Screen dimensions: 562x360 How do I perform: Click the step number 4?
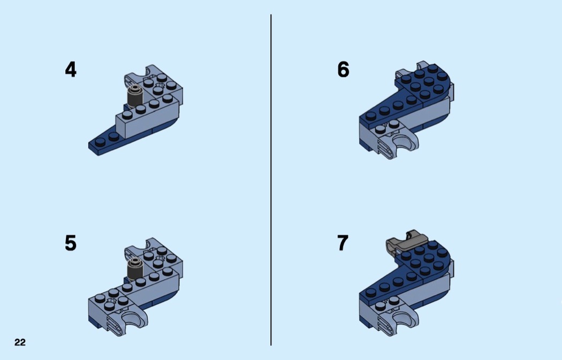tap(71, 70)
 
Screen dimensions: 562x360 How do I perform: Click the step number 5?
tap(71, 243)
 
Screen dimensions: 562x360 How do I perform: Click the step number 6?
tap(343, 70)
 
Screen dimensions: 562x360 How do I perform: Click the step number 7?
tap(343, 243)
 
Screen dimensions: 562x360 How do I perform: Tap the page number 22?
tap(20, 342)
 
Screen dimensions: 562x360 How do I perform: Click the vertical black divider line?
tap(271, 180)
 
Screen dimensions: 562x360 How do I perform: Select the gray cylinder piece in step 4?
tap(135, 96)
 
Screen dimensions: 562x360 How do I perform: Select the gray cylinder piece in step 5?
tap(135, 269)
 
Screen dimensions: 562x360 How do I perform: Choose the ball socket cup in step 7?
tap(404, 318)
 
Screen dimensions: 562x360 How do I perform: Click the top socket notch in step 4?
tap(150, 71)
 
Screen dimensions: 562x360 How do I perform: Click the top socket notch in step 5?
tap(150, 244)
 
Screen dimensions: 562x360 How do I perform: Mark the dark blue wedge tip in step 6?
tap(369, 118)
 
